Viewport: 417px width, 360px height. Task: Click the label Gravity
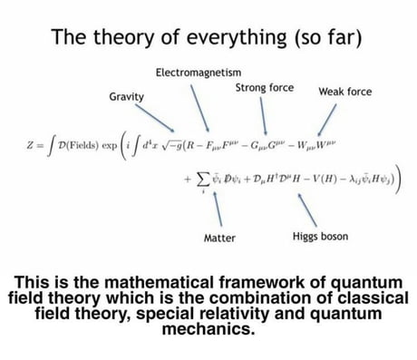(x=126, y=95)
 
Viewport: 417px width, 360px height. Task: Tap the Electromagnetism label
(x=194, y=72)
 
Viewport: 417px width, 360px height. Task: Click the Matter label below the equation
(x=220, y=238)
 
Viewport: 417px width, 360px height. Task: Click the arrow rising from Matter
(x=220, y=209)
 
